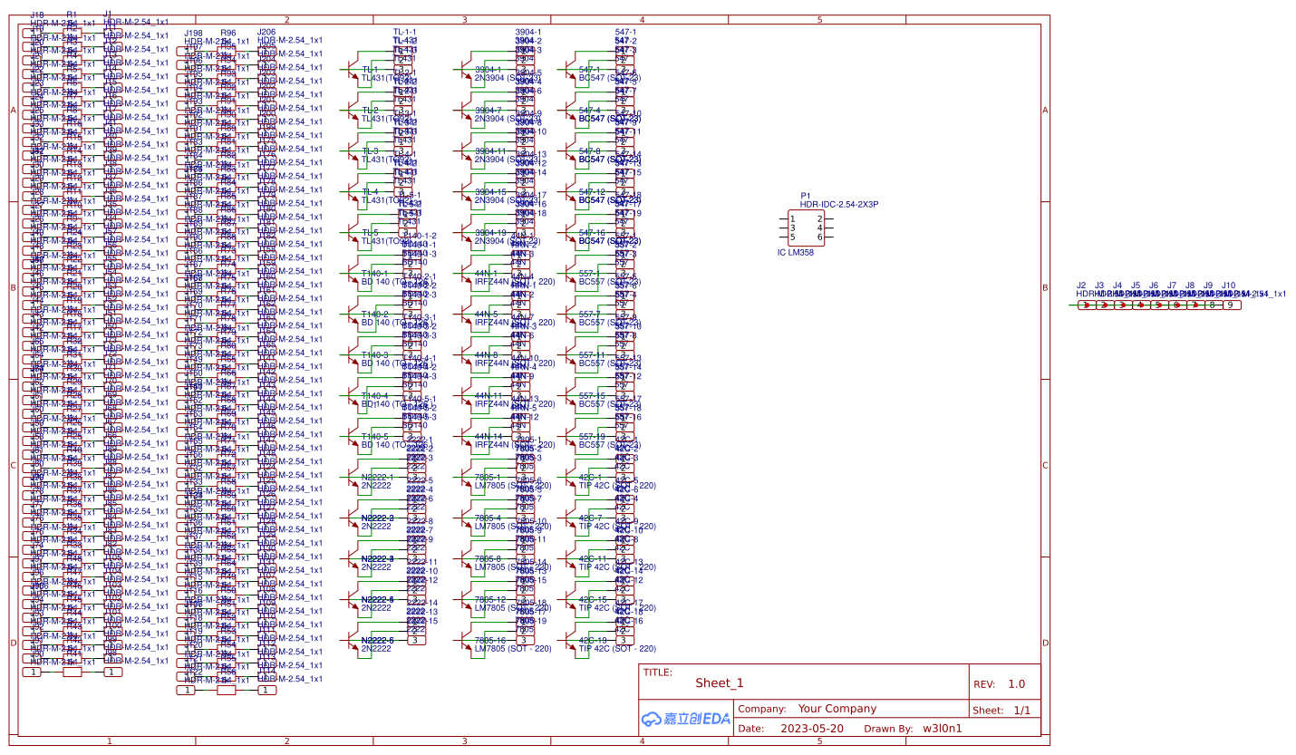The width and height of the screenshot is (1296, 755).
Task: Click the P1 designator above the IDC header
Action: coord(806,195)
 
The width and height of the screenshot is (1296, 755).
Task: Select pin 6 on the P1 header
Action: coord(819,237)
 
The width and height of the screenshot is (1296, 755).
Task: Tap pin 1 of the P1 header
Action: coord(792,218)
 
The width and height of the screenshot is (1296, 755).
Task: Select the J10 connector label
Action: coord(1228,285)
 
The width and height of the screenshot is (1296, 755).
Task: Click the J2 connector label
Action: coord(1081,285)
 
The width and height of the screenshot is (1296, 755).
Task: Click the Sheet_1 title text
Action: coord(720,683)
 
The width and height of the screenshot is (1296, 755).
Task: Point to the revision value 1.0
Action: coord(1016,684)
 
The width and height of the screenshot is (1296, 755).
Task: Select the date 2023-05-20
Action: coord(812,728)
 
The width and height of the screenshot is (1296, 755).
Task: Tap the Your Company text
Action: coord(837,709)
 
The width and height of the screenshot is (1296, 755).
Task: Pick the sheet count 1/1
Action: coord(1022,711)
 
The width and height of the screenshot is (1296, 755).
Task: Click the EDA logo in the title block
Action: coord(686,720)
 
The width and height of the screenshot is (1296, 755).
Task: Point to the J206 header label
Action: coord(266,32)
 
